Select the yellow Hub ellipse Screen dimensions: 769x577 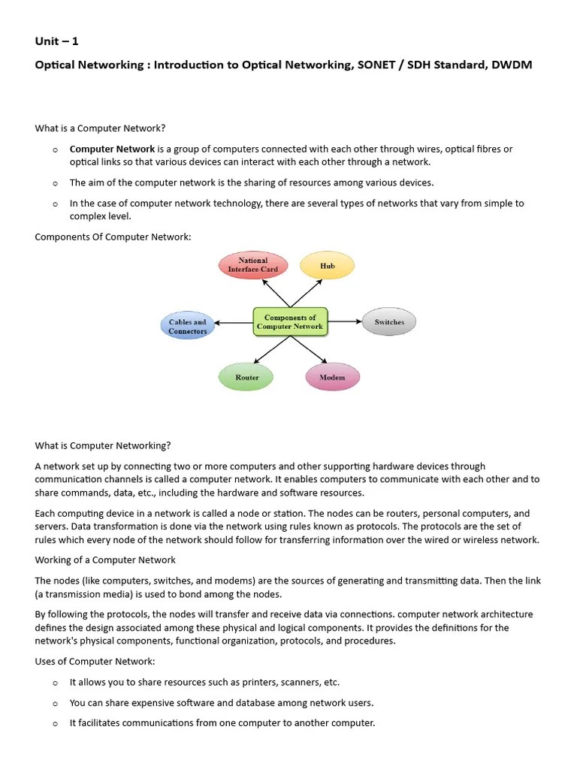[x=327, y=266]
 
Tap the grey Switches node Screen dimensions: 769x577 [x=389, y=322]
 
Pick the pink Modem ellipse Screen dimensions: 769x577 [x=332, y=377]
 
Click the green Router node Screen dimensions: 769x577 [x=247, y=377]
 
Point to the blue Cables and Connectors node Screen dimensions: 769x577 [x=187, y=327]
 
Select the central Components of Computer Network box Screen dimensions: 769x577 [x=290, y=322]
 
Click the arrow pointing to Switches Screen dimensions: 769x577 [x=346, y=322]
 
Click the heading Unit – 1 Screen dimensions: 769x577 [x=56, y=41]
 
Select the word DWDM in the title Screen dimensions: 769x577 [x=512, y=65]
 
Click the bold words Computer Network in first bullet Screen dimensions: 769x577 [x=112, y=149]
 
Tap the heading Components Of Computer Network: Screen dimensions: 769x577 [x=113, y=237]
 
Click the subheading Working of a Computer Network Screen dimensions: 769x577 [x=105, y=560]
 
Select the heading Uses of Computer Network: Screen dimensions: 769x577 [x=95, y=662]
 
